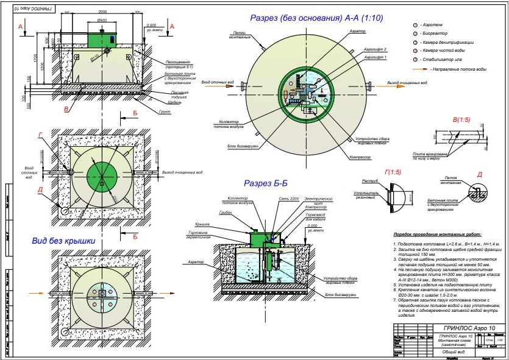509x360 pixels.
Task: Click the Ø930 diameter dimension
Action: pyautogui.click(x=102, y=20)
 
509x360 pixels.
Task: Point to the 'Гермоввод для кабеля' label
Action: pyautogui.click(x=316, y=217)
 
